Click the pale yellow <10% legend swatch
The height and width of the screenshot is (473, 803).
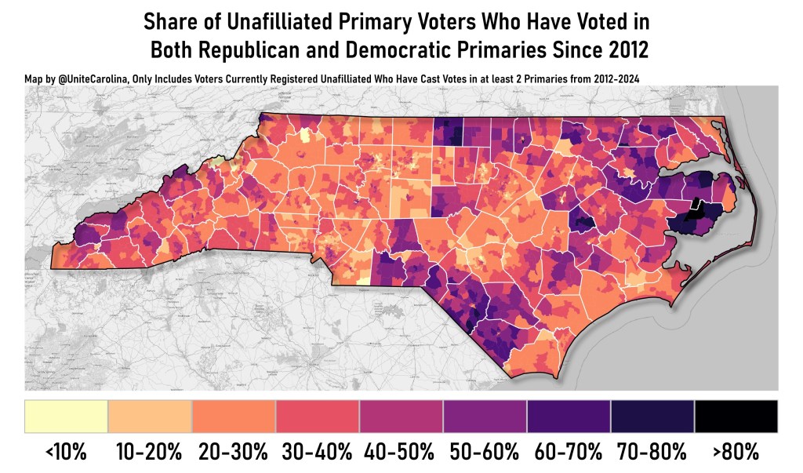click(66, 416)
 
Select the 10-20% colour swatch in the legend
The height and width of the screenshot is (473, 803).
click(150, 416)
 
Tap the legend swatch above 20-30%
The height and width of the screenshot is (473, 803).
click(234, 416)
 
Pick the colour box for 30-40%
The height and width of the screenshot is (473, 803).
click(318, 416)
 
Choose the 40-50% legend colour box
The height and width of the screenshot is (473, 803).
click(401, 416)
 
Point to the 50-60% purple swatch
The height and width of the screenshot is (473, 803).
click(485, 416)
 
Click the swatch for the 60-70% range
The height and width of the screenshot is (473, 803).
click(569, 416)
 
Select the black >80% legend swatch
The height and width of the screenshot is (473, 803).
click(736, 416)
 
